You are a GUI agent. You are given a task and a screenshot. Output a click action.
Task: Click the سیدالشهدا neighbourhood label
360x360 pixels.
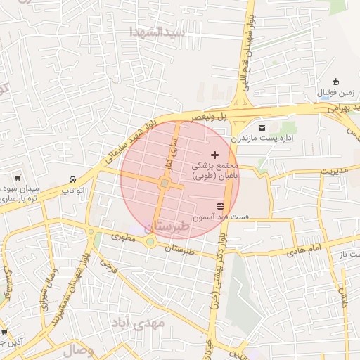[156, 32]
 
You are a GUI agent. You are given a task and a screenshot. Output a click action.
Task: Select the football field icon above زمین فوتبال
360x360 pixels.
[336, 81]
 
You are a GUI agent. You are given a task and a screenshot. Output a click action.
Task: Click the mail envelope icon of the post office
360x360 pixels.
[262, 128]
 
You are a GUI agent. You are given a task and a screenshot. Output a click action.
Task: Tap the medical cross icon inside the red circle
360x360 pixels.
[214, 154]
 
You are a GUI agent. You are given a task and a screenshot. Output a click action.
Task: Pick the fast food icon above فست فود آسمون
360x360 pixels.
[221, 205]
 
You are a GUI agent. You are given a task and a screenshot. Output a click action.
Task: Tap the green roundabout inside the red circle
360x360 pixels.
[164, 184]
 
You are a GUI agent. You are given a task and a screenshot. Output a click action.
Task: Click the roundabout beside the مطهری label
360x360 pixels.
[150, 242]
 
